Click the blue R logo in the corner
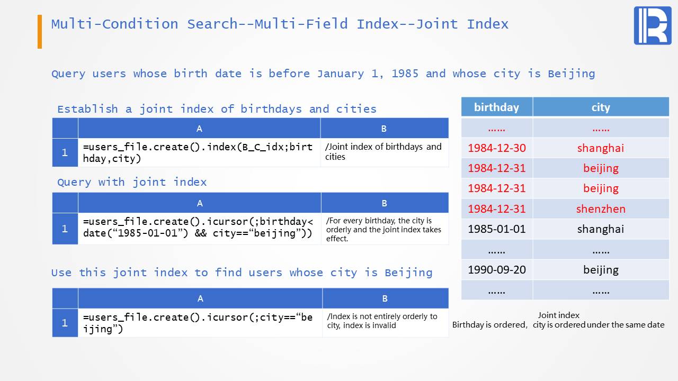point(653,26)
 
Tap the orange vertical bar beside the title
point(40,31)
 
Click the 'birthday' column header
point(496,107)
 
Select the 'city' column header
point(601,107)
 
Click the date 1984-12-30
point(497,148)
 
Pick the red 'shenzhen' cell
point(601,208)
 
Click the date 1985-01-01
point(497,229)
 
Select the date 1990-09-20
point(497,269)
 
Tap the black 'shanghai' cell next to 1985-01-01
point(601,229)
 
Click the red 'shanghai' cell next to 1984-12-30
point(601,148)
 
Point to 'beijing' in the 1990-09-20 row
point(601,270)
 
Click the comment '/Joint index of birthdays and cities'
point(383,152)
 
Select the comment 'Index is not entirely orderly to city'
point(382,321)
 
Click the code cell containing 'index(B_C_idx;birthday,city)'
point(198,153)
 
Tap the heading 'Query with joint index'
point(132,183)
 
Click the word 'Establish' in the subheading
point(87,109)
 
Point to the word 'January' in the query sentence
point(341,74)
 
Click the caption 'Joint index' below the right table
point(558,315)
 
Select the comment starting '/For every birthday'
point(383,230)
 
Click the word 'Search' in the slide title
point(212,24)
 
